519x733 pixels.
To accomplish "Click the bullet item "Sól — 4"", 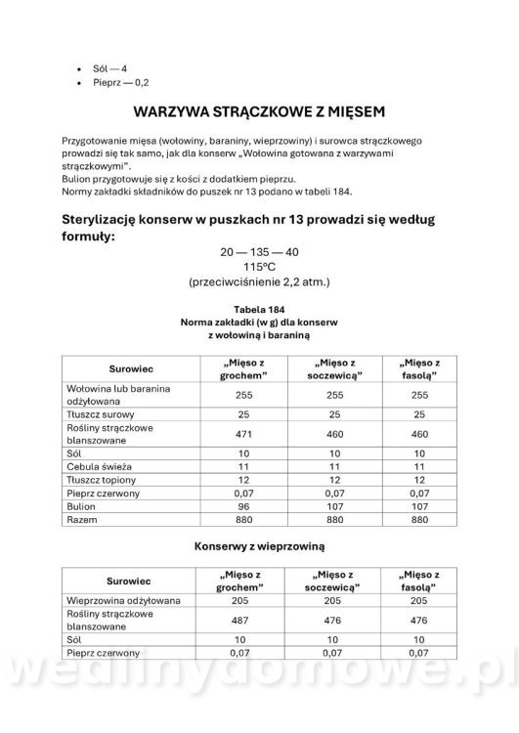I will pyautogui.click(x=109, y=69).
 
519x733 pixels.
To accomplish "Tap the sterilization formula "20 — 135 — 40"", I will pyautogui.click(x=259, y=252).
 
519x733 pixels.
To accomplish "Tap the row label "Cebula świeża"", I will pyautogui.click(x=96, y=467).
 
